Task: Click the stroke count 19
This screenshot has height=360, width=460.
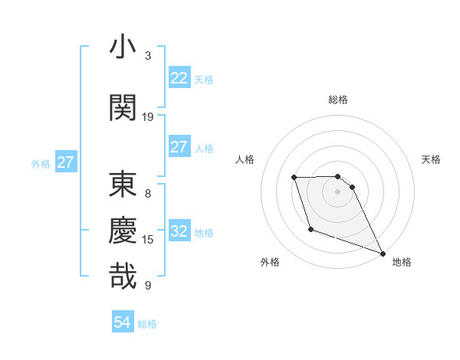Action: coord(148,116)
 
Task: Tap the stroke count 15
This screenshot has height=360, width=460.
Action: coord(148,240)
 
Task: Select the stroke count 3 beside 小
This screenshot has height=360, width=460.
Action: coord(148,55)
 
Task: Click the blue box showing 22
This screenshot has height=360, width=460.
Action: coord(179,78)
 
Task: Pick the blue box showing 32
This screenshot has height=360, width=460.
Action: coord(179,231)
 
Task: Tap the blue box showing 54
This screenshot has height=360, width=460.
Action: coord(123,322)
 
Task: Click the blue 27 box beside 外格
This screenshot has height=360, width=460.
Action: coord(66,162)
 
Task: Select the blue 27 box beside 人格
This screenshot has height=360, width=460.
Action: coord(179,147)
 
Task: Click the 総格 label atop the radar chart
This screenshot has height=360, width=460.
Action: coord(338,100)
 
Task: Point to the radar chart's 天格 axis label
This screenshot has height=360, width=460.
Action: coord(432,159)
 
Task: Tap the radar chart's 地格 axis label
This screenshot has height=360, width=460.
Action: coord(402,262)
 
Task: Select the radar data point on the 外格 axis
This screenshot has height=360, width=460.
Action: coord(310,229)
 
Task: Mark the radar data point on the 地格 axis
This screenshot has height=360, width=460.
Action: coord(383,254)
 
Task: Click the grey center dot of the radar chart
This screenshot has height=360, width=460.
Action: coord(338,192)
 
